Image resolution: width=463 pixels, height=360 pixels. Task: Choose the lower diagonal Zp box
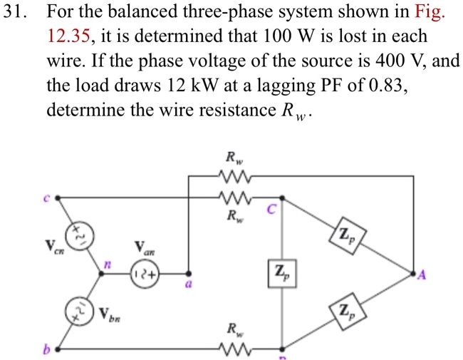(x=346, y=310)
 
